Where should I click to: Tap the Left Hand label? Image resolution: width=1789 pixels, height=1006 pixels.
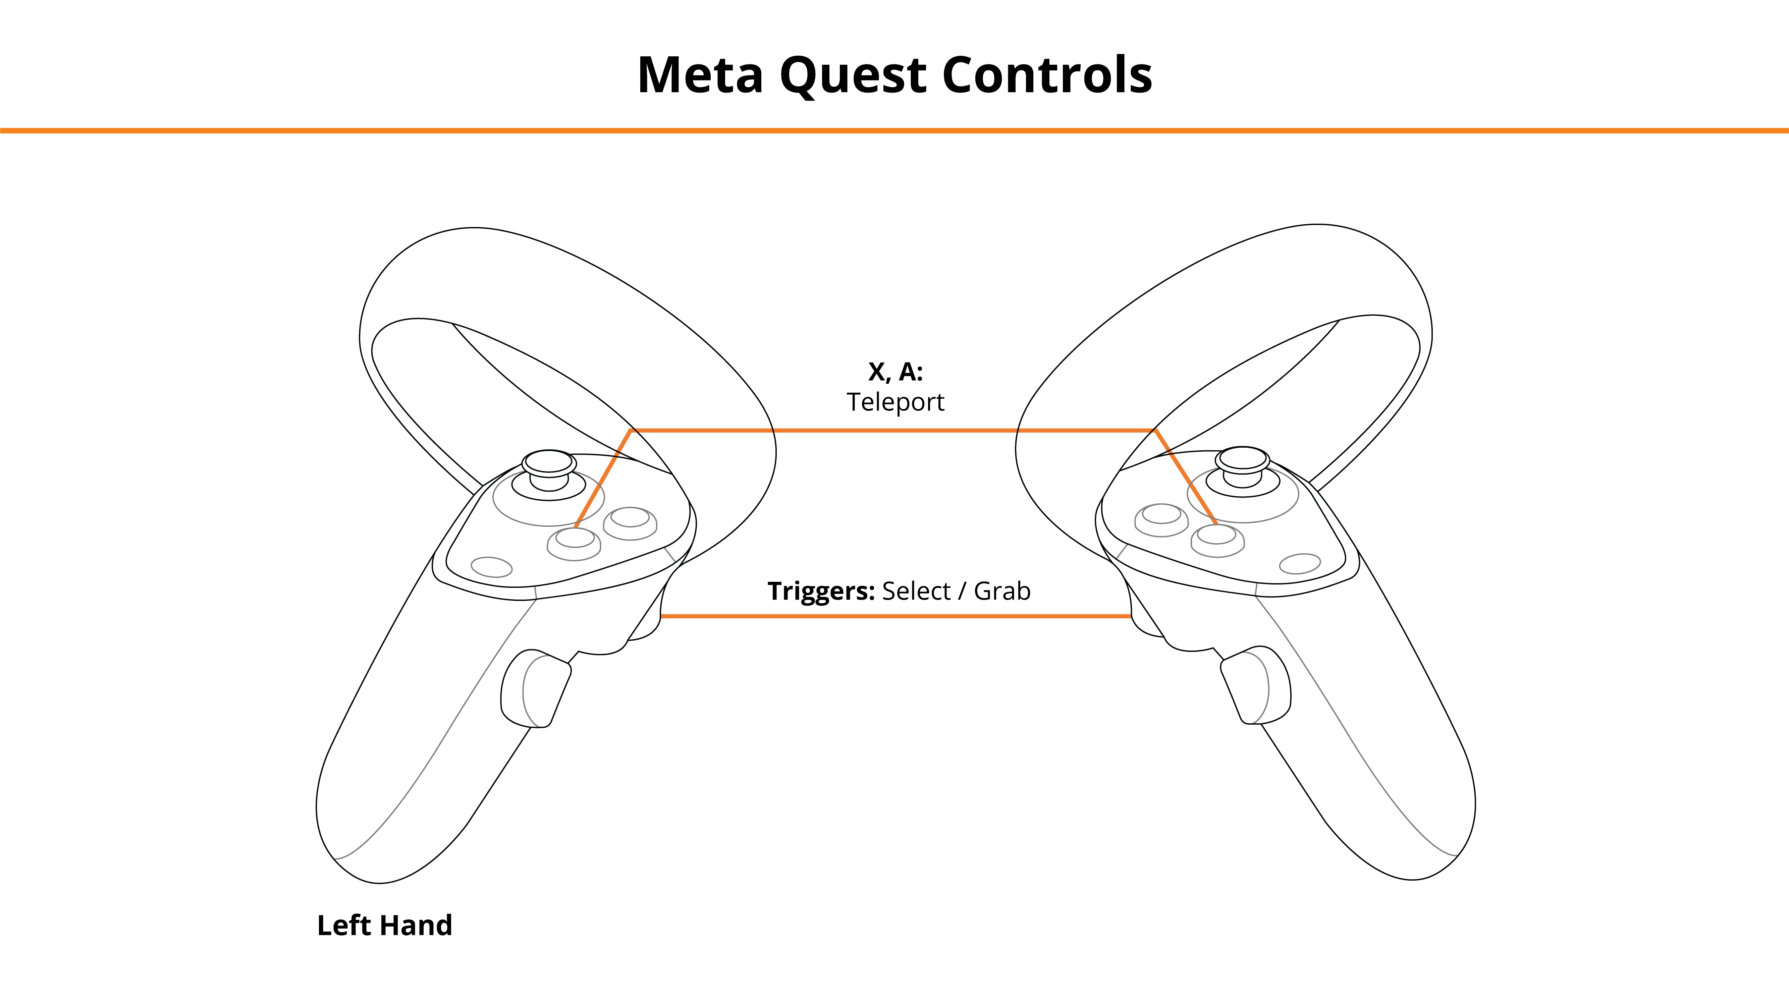(x=385, y=926)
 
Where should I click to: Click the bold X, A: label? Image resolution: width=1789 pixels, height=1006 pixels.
(x=895, y=372)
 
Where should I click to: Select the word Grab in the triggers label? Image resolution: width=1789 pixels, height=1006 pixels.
(x=1002, y=591)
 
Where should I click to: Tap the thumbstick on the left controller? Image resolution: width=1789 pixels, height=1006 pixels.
(x=549, y=472)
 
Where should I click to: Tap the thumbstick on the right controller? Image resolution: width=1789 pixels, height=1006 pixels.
(x=1242, y=469)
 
